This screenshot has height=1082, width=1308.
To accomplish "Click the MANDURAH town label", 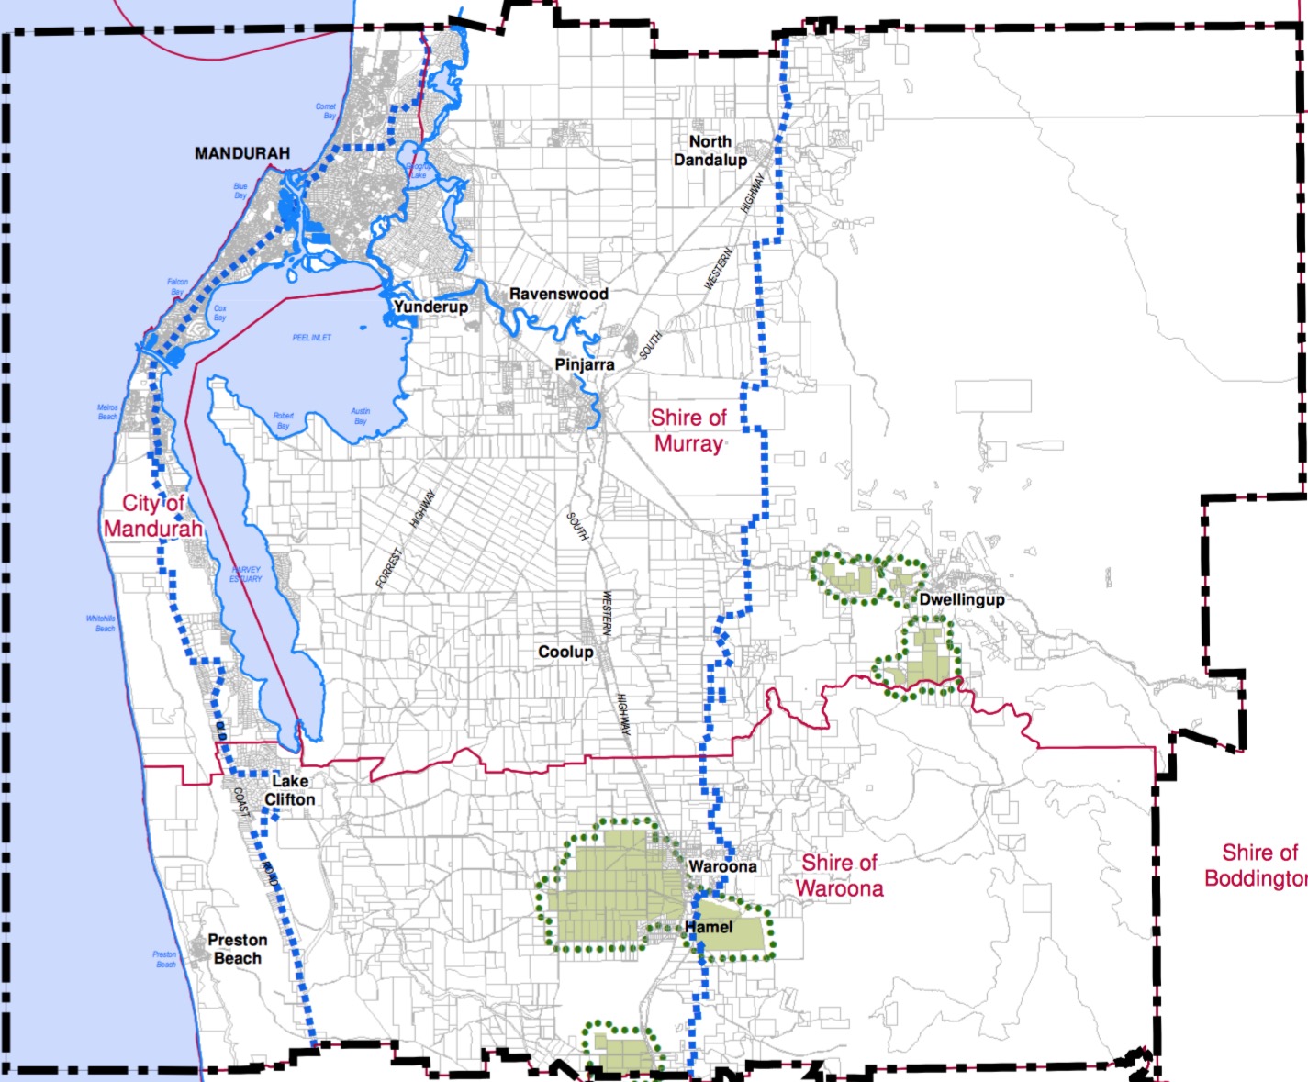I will click(x=241, y=153).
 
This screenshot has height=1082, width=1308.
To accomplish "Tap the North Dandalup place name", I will click(x=710, y=151).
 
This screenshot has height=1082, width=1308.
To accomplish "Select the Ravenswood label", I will click(x=558, y=294).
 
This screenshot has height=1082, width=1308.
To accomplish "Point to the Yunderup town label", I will click(x=430, y=307).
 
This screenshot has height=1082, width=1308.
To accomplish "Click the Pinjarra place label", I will click(x=585, y=364).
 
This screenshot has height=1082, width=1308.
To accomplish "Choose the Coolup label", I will click(x=565, y=652).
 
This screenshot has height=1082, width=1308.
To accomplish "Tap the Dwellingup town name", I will click(x=962, y=599).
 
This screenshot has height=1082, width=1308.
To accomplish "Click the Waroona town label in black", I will click(x=722, y=866).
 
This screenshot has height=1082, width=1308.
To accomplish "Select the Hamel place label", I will click(x=709, y=927).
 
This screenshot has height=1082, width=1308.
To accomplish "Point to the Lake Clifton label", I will click(x=289, y=790).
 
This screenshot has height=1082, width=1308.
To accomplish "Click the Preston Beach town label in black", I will click(x=238, y=949).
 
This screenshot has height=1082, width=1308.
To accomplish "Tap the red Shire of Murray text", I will click(x=688, y=430).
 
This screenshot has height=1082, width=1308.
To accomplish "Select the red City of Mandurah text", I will click(x=153, y=516).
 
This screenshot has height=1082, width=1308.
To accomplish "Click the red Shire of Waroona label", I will click(x=839, y=876).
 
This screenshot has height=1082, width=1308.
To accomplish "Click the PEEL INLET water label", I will click(x=312, y=338).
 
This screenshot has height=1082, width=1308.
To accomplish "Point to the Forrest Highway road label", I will click(x=404, y=541).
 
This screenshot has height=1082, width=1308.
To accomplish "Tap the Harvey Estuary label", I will click(x=246, y=574).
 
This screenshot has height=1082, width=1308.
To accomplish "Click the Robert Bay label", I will click(x=284, y=420).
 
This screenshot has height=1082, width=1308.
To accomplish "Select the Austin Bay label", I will click(x=361, y=416).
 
